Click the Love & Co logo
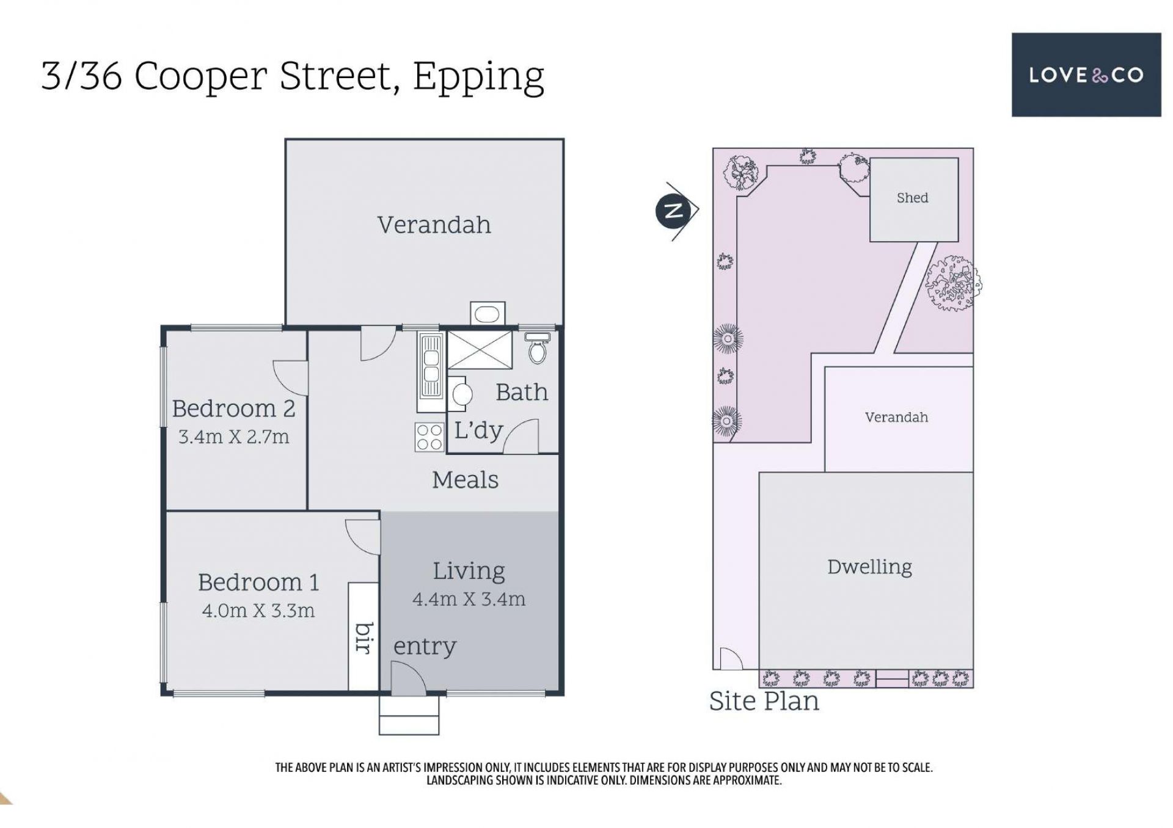coord(1086,74)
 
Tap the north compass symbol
coord(674,211)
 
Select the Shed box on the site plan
coord(913,200)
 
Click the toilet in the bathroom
coord(537,347)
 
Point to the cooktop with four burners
coord(429,437)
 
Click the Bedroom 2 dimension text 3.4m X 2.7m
coord(233,437)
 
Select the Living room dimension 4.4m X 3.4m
coord(469,599)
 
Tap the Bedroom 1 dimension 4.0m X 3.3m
coord(258,610)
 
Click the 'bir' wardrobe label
coord(364,638)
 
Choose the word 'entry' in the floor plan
coord(425,647)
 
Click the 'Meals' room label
coord(465,480)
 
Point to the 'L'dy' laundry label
coord(478,430)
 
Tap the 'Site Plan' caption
coord(764,701)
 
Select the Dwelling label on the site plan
coord(869,567)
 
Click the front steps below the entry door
coord(409,715)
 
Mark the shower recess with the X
coord(480,350)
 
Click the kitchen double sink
coord(430,365)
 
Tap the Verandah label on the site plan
coord(896,418)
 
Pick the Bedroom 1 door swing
coord(362,537)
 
